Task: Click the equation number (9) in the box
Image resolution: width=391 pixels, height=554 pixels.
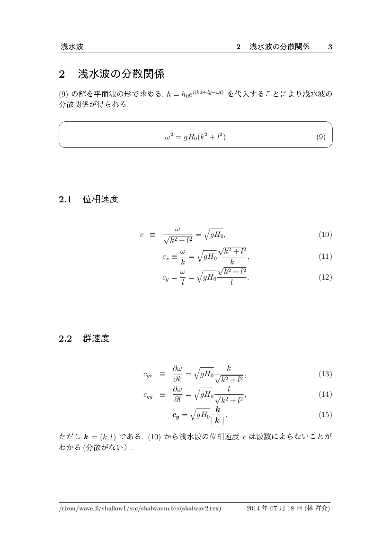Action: (320, 137)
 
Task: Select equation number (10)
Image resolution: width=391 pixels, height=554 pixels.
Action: (325, 235)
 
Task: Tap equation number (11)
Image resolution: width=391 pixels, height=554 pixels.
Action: (325, 257)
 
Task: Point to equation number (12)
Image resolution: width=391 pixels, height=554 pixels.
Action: (325, 278)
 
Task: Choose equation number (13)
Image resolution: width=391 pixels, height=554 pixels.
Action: (325, 374)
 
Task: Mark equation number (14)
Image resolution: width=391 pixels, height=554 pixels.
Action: (325, 394)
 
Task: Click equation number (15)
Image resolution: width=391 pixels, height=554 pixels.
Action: (325, 415)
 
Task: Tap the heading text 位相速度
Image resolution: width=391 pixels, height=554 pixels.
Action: (100, 200)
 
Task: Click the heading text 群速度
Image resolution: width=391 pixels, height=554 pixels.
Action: (96, 339)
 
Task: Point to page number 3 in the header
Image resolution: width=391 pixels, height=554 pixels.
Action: (330, 47)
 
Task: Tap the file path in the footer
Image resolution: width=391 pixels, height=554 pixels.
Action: (140, 509)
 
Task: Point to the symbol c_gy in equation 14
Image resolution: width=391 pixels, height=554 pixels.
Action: (148, 395)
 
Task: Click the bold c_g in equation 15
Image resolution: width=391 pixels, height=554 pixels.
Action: (175, 416)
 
